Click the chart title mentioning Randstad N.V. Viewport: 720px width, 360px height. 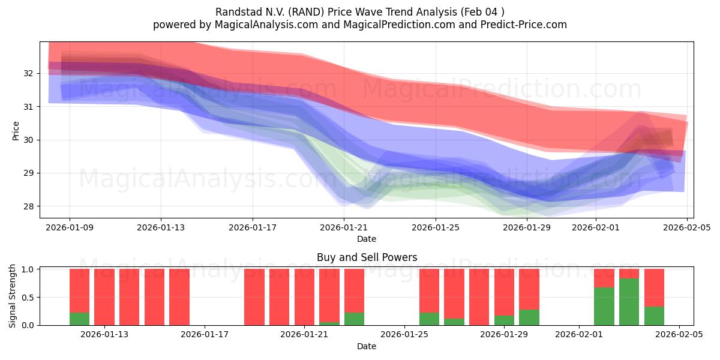click(x=359, y=11)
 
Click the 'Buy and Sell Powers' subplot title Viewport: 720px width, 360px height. click(x=367, y=257)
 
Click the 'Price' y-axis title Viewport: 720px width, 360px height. click(x=16, y=130)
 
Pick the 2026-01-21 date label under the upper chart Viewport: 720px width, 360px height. click(x=344, y=227)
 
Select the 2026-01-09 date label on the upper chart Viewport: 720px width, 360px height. click(x=69, y=227)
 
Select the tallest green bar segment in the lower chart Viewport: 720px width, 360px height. click(x=629, y=302)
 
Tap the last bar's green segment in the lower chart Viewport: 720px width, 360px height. click(x=654, y=316)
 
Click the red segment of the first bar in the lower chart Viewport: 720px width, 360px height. click(x=79, y=290)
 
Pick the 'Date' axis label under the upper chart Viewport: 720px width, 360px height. click(x=367, y=239)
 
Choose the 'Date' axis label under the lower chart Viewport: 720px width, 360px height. click(x=367, y=346)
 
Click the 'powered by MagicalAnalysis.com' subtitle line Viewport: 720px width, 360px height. click(x=359, y=25)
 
